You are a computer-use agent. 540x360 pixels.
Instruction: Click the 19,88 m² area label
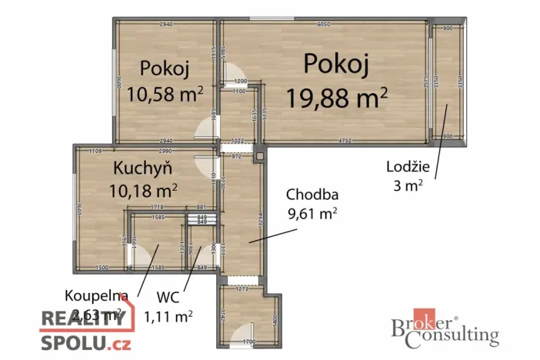(336, 98)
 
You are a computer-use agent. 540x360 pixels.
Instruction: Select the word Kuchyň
(142, 168)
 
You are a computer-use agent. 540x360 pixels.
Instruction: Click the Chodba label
(312, 195)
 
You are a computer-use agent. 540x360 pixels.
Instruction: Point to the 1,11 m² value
(168, 315)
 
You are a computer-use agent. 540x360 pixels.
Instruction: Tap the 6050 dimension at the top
(324, 25)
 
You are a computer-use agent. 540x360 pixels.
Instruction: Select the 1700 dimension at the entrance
(249, 340)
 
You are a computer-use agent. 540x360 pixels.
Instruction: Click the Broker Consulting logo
(445, 330)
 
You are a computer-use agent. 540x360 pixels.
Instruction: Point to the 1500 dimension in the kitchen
(102, 267)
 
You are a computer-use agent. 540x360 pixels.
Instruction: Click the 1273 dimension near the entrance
(244, 289)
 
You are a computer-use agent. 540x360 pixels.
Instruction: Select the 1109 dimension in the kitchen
(95, 151)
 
